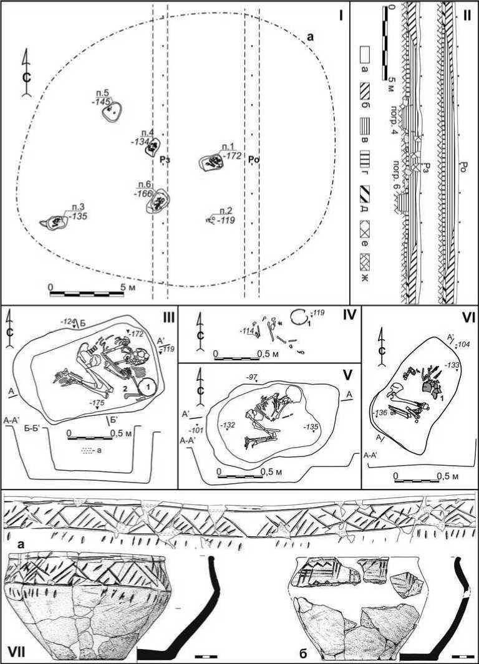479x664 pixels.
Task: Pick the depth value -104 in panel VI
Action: point(463,344)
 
